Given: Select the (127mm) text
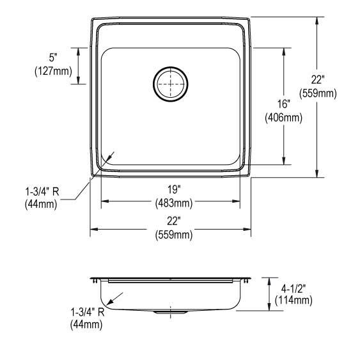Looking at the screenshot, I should [53, 71].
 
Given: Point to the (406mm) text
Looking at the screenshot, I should [284, 118].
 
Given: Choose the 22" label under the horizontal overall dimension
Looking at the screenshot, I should [173, 221].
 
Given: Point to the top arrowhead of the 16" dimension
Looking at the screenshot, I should [284, 49].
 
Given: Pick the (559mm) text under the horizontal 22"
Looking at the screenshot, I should [173, 235].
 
